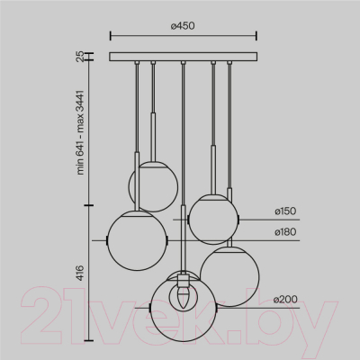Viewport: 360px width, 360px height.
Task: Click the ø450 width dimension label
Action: pyautogui.click(x=183, y=26)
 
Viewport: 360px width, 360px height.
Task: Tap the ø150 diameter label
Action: pyautogui.click(x=285, y=211)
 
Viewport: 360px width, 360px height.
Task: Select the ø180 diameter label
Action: pyautogui.click(x=285, y=232)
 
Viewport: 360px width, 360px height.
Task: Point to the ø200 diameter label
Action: pyautogui.click(x=285, y=299)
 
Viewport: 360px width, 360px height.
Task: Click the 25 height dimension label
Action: pyautogui.click(x=80, y=57)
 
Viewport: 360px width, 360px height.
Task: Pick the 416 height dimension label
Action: pyautogui.click(x=80, y=273)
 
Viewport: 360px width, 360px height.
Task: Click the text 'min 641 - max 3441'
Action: pyautogui.click(x=80, y=132)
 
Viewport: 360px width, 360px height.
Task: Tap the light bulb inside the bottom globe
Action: pyautogui.click(x=183, y=297)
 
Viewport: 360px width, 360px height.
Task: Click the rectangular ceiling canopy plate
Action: pyautogui.click(x=183, y=57)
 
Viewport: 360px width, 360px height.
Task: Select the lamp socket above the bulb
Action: pyautogui.click(x=183, y=280)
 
